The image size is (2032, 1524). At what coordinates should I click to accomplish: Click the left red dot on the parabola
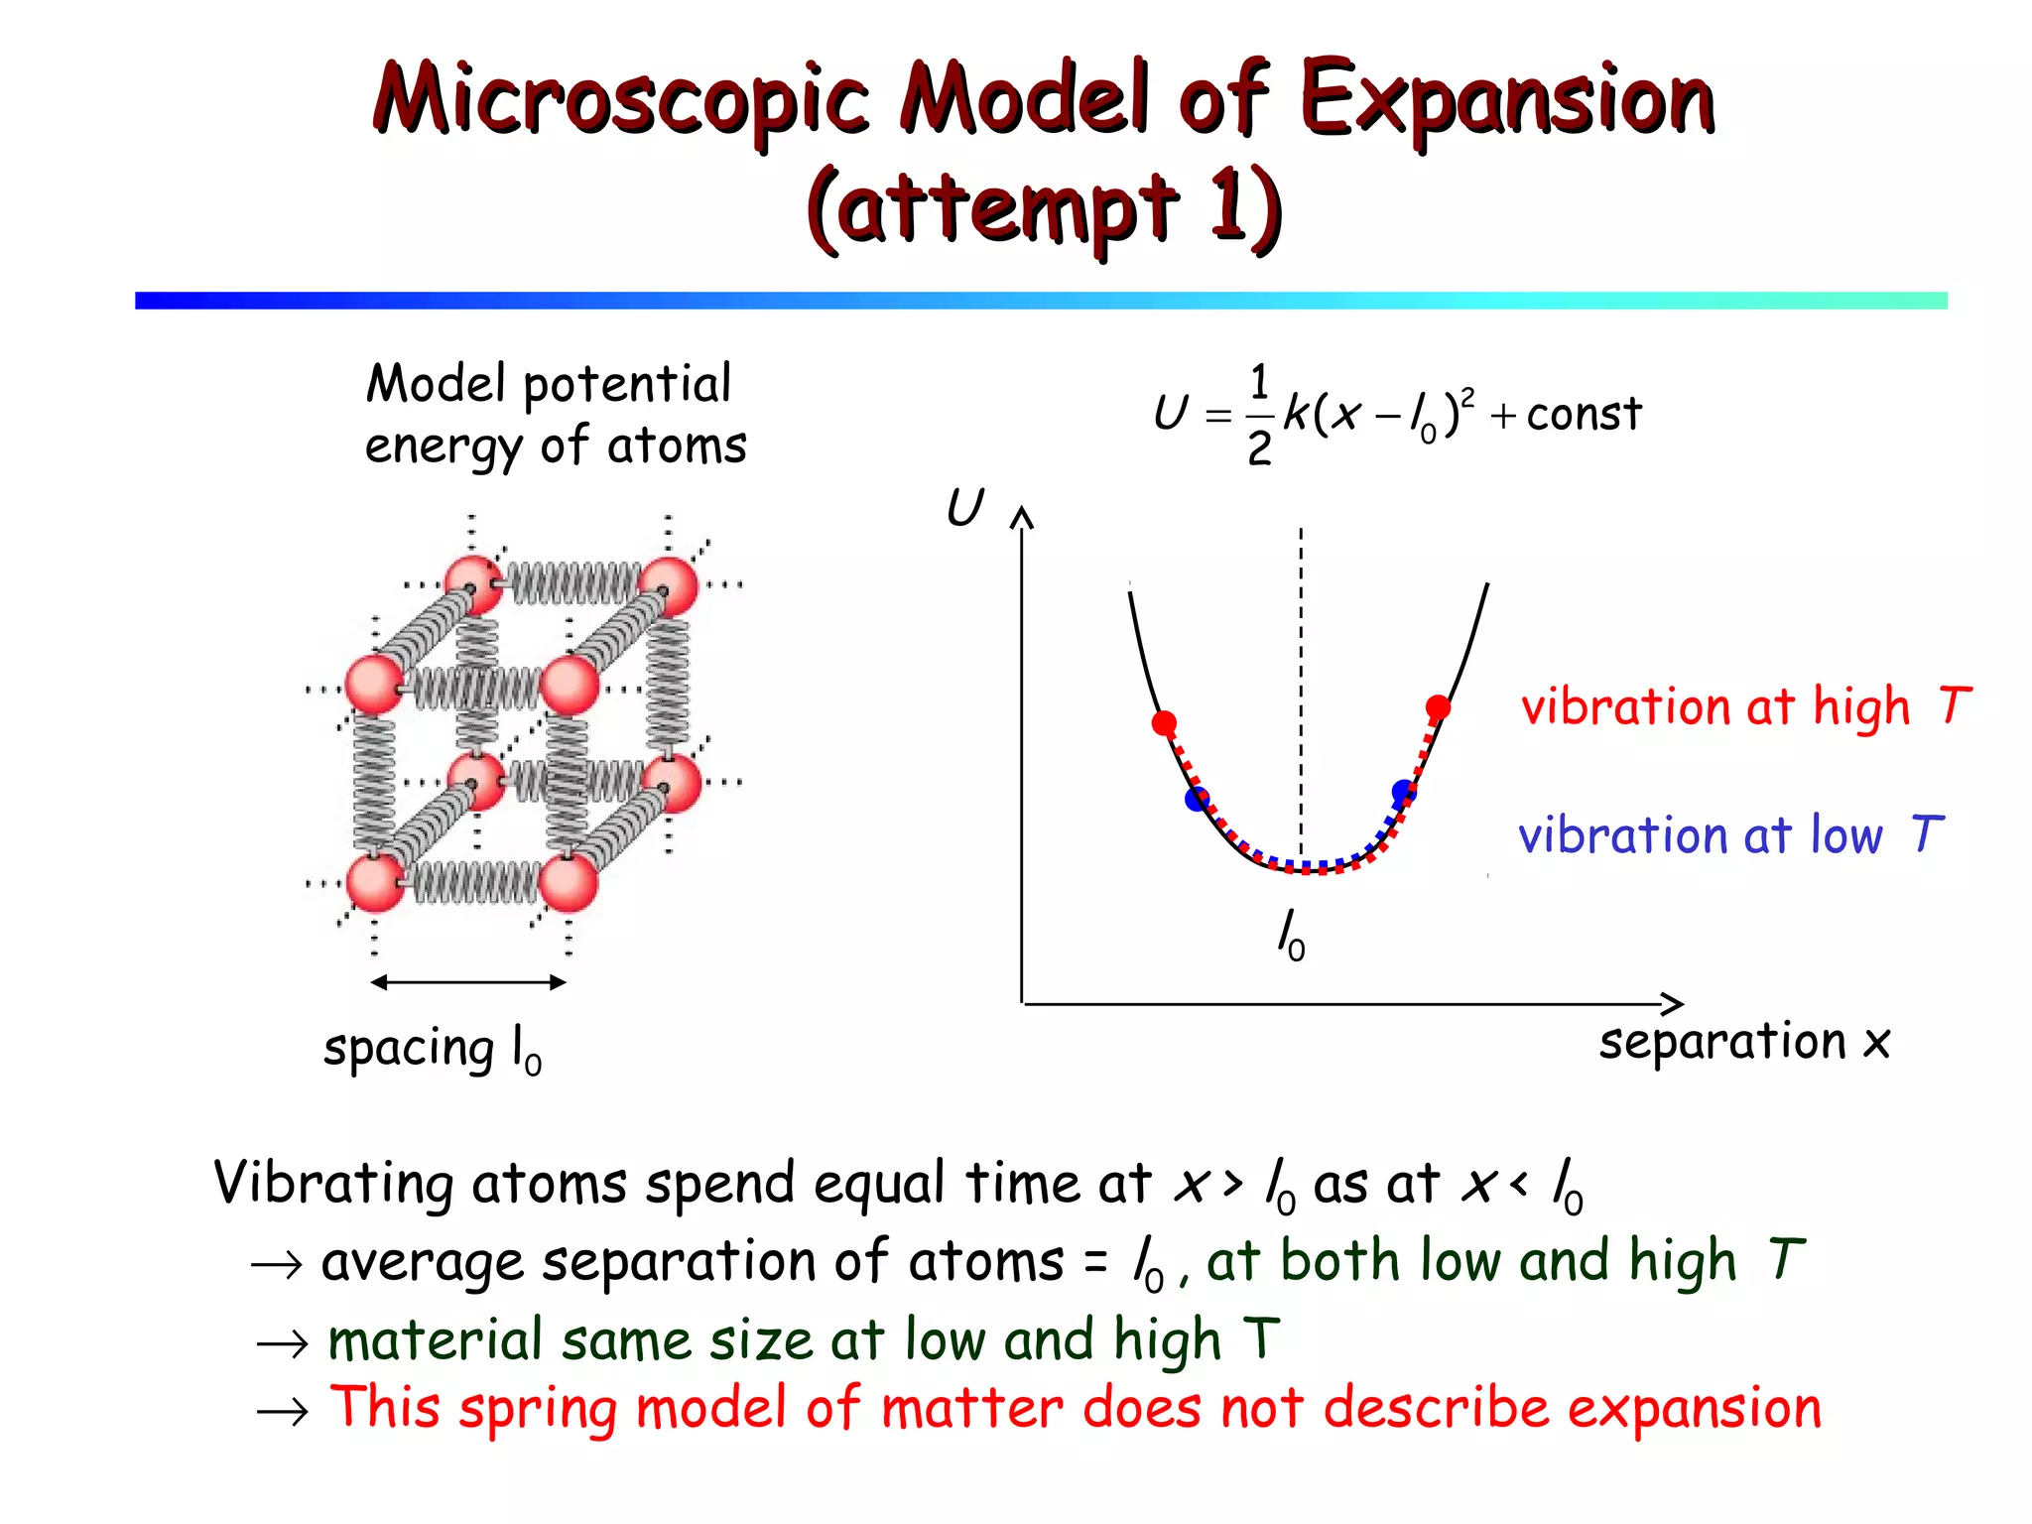click(1164, 722)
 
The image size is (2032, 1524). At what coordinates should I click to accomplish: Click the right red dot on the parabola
click(1438, 707)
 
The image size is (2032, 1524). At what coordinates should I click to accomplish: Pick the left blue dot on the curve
click(1198, 799)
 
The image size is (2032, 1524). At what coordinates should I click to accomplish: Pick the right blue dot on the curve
click(1404, 792)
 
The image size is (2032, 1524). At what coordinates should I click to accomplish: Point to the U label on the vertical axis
click(964, 508)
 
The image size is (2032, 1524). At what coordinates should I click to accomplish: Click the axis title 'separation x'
click(1743, 1042)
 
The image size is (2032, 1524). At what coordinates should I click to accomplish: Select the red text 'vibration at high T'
click(1744, 707)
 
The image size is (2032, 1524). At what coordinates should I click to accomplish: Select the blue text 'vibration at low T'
click(1729, 835)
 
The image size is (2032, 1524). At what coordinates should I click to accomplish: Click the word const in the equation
click(1584, 414)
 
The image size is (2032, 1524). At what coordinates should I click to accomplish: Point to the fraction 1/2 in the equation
click(1259, 415)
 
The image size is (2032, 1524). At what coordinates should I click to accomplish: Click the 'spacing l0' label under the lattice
click(433, 1050)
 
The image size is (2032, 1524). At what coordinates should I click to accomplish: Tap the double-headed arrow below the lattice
click(467, 982)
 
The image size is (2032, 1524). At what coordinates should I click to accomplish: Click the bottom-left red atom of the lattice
click(374, 882)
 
